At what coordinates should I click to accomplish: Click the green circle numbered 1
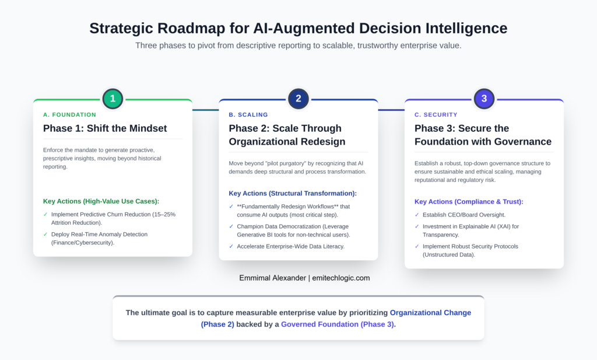[x=113, y=99]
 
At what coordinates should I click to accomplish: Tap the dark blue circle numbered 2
[x=298, y=99]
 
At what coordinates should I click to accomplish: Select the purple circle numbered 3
[x=484, y=99]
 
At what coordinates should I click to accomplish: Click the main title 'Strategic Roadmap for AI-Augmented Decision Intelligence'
[x=298, y=28]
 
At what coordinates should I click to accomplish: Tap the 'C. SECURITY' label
[x=436, y=114]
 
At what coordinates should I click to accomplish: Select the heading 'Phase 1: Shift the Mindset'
[x=105, y=128]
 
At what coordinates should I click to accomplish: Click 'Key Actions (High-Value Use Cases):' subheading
[x=101, y=201]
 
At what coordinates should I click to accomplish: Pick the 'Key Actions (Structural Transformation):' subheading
[x=293, y=193]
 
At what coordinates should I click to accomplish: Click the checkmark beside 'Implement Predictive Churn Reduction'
[x=46, y=215]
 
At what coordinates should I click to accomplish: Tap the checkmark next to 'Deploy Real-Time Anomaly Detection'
[x=46, y=235]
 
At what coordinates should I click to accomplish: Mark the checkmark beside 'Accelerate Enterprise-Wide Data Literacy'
[x=232, y=246]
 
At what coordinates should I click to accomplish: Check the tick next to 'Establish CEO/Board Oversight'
[x=417, y=215]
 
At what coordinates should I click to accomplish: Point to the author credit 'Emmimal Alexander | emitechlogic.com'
[x=304, y=278]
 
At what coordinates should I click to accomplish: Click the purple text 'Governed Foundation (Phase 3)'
[x=337, y=324]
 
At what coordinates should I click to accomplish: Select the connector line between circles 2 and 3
[x=391, y=109]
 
